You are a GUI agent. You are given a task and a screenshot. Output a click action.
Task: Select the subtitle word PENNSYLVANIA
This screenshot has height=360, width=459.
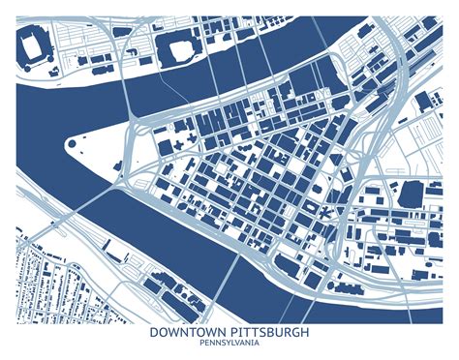click(229, 344)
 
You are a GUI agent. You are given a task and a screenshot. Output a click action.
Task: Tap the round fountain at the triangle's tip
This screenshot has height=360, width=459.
click(72, 146)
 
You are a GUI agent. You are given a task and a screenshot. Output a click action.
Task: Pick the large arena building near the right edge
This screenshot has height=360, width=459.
click(411, 195)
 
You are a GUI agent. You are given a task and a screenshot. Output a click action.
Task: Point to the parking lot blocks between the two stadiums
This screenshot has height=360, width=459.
click(97, 48)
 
